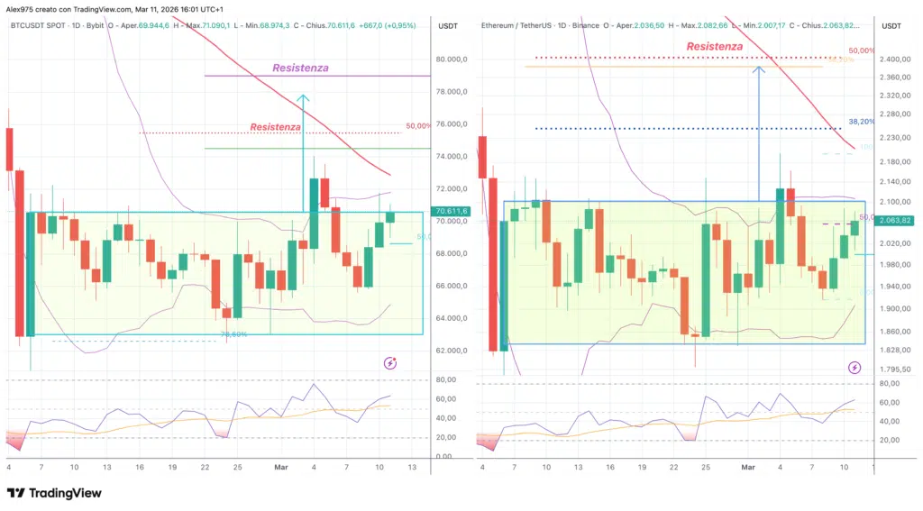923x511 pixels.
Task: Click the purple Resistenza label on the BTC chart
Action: click(301, 68)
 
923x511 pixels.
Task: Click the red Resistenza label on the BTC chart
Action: click(276, 127)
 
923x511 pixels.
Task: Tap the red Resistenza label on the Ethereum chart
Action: click(715, 46)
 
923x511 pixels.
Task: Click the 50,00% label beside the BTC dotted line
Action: click(417, 126)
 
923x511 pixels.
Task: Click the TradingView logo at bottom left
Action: click(54, 493)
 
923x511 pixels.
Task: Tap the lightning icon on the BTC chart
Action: click(390, 363)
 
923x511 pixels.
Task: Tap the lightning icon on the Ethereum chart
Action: click(854, 368)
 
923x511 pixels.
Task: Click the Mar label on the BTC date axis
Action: click(280, 467)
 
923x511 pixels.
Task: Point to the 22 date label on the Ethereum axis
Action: click(675, 469)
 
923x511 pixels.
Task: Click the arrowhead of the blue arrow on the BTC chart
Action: click(304, 97)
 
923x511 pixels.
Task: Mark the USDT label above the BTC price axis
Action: click(448, 26)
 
